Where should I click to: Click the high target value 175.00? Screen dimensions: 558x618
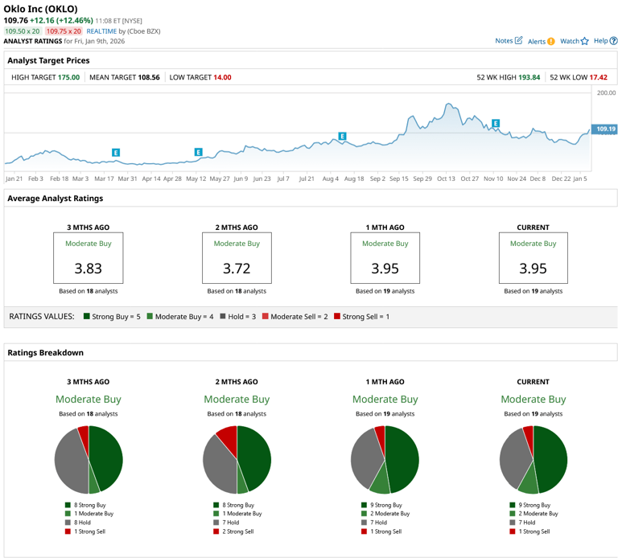(x=68, y=77)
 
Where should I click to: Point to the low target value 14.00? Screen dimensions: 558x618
(x=221, y=77)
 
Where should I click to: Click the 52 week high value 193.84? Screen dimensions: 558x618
(x=529, y=77)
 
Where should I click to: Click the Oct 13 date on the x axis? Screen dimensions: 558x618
(x=446, y=178)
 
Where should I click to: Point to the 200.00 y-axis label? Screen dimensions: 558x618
(x=605, y=93)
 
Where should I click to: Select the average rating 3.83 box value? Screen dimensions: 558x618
(x=88, y=269)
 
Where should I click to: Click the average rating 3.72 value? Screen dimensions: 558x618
(x=236, y=269)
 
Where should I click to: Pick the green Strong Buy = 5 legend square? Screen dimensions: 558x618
(x=86, y=317)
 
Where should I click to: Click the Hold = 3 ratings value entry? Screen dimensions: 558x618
(x=236, y=317)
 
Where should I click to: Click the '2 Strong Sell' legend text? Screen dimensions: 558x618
(x=237, y=531)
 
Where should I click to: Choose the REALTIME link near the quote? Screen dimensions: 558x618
(x=101, y=31)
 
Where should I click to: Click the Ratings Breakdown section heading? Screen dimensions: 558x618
(x=45, y=352)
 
